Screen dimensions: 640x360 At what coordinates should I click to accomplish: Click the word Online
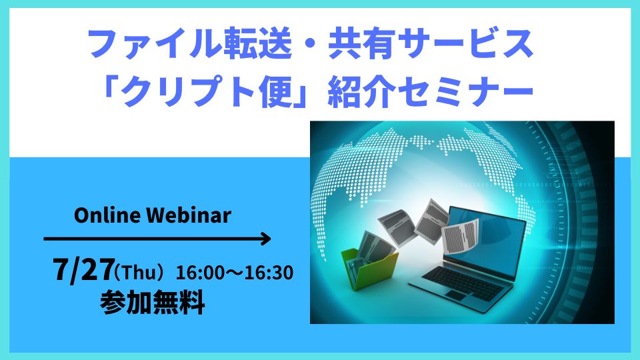(x=107, y=215)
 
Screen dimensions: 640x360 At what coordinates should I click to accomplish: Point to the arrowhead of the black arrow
(x=266, y=239)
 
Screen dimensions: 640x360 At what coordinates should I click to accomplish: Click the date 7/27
(x=83, y=270)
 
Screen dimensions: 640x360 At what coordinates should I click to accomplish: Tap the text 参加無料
(x=153, y=303)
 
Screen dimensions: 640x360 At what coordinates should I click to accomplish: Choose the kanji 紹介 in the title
(x=362, y=92)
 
